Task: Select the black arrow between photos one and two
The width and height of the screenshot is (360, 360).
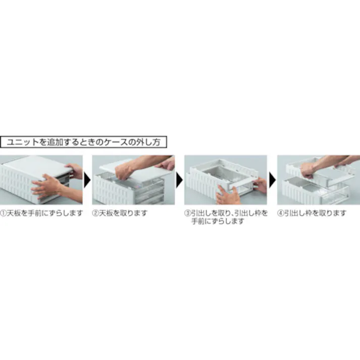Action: pyautogui.click(x=87, y=180)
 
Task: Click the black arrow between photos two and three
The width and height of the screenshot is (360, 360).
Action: pyautogui.click(x=179, y=180)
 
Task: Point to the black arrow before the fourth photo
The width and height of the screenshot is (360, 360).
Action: pyautogui.click(x=272, y=180)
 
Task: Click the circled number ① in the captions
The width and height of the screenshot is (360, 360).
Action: pyautogui.click(x=4, y=213)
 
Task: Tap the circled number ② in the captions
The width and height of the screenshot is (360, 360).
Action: pyautogui.click(x=96, y=213)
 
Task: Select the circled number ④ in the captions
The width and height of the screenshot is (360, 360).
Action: pyautogui.click(x=281, y=213)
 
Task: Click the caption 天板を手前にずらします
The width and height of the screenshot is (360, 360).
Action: pyautogui.click(x=45, y=213)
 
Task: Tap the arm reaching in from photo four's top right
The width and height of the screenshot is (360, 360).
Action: pyautogui.click(x=343, y=161)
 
